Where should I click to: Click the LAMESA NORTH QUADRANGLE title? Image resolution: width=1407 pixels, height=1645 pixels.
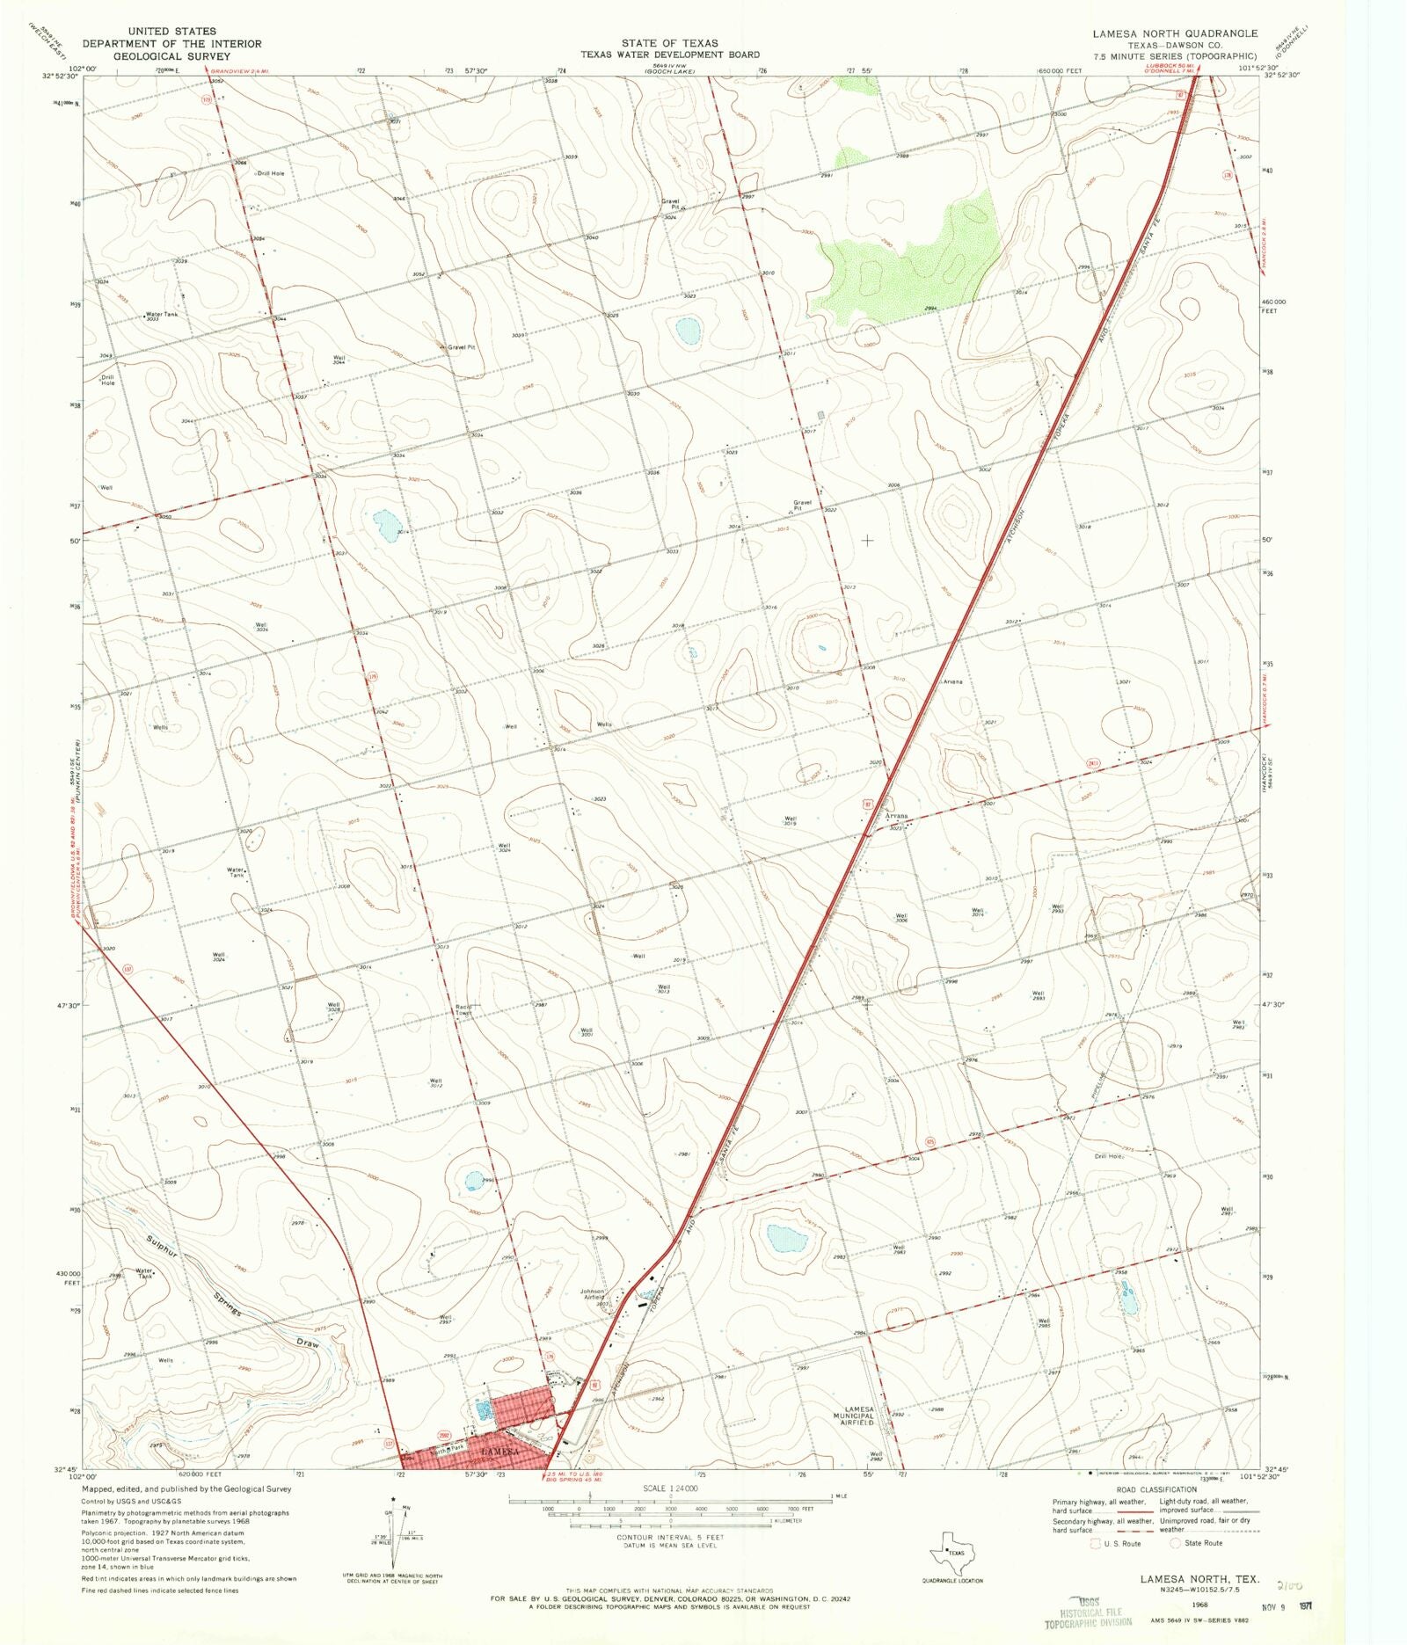coord(1175,33)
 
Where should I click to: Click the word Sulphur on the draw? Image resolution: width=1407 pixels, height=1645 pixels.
coord(164,1252)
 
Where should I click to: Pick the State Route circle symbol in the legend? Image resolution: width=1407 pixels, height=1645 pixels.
coord(1175,1543)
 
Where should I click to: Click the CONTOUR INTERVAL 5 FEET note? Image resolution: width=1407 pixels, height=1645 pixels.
coord(669,1538)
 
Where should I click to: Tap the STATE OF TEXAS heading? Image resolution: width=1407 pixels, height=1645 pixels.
coord(668,42)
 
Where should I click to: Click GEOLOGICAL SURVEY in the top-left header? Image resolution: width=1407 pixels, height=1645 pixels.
coord(171,55)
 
